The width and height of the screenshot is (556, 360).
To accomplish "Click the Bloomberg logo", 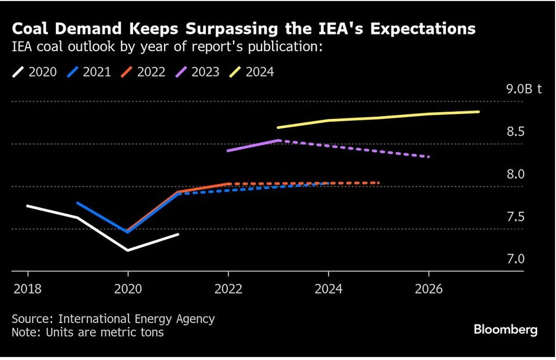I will coord(505,329).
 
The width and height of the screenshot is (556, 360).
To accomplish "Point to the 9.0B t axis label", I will coord(524,89).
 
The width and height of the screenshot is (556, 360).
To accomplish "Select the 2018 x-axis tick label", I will coord(28,288).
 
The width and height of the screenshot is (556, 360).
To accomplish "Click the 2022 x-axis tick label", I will coord(228,288).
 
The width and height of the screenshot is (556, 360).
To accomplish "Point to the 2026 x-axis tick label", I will coord(429,288).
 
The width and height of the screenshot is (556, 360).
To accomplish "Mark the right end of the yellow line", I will coord(479,112).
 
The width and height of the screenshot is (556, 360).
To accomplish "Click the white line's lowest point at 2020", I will coord(128,251).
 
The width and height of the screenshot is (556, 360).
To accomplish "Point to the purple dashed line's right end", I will coord(429,157).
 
